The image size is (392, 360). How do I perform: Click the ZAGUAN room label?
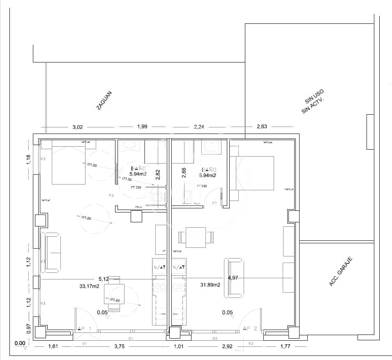coord(104,100)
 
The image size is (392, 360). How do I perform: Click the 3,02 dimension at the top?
coord(78,127)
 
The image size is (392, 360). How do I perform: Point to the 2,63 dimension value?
coord(261,127)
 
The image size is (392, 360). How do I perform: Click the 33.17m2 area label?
coord(90,286)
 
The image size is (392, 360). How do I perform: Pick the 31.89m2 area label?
coord(210,284)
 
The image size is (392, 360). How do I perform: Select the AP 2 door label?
coord(249,328)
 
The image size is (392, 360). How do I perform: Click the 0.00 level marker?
coord(20,343)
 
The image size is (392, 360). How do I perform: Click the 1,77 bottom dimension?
coord(285,346)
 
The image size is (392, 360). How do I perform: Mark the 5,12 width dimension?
coord(104,279)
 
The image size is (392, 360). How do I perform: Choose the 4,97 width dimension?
coord(233,278)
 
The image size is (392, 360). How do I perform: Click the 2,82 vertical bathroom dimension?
coord(158,175)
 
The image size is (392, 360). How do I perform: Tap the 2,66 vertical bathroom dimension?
coord(184,173)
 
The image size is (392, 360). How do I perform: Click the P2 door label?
coord(111,196)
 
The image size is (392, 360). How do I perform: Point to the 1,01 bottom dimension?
coord(178,346)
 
